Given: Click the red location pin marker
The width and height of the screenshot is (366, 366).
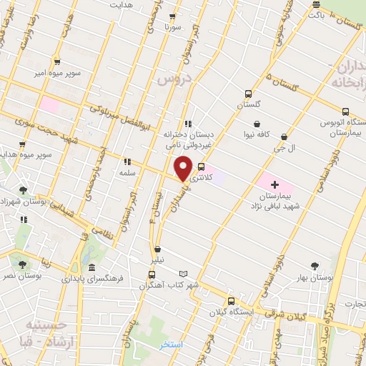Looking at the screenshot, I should (x=183, y=168).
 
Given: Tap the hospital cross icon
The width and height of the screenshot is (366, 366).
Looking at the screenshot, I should (x=274, y=165).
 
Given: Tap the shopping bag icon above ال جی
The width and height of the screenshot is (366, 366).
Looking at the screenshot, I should (x=285, y=137).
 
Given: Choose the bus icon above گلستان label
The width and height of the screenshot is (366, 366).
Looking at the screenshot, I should (x=248, y=94).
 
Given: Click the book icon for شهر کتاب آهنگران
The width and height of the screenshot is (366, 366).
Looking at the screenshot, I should (x=184, y=274).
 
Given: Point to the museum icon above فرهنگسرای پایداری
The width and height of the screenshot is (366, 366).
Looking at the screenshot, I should (x=91, y=267).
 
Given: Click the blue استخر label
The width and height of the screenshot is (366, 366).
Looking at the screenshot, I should (x=172, y=345).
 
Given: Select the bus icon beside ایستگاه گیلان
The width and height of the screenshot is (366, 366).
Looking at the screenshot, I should (x=231, y=301).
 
